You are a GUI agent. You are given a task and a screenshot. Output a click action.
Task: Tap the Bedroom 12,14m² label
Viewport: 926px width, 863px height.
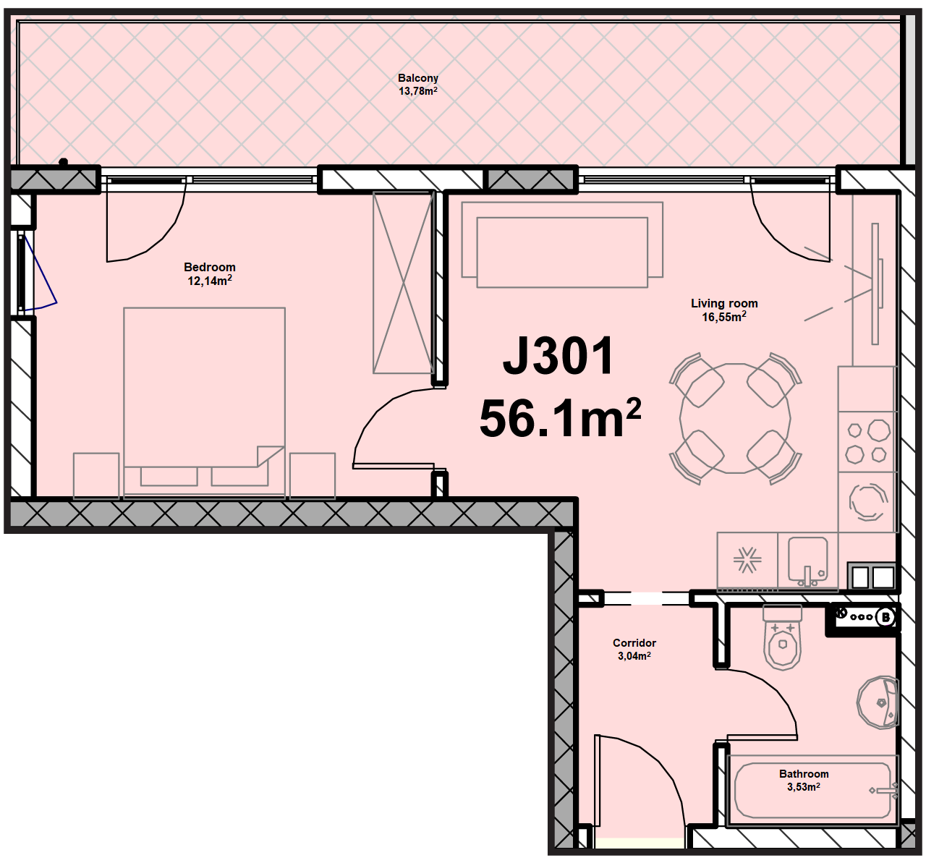point(210,273)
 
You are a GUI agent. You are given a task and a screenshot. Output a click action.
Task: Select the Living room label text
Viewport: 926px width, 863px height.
point(724,303)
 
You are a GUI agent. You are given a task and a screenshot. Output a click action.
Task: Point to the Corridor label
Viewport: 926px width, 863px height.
point(634,642)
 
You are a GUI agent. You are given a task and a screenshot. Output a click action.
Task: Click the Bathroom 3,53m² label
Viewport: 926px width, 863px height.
point(804,780)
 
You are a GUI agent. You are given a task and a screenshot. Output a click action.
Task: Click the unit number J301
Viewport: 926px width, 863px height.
point(558,356)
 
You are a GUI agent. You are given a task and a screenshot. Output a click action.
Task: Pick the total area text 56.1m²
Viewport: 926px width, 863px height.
point(560,417)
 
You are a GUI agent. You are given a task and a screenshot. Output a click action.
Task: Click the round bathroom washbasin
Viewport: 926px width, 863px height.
point(878,702)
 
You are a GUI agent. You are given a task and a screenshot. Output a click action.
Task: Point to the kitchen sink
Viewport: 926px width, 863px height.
point(807,561)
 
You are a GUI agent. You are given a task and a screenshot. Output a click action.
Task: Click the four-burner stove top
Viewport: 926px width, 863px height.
point(867,441)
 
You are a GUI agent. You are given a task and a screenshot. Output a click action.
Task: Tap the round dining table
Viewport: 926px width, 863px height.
point(735,418)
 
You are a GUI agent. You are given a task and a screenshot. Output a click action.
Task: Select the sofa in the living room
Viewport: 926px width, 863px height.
point(562,245)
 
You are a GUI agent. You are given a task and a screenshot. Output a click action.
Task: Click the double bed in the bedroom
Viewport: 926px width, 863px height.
point(204,402)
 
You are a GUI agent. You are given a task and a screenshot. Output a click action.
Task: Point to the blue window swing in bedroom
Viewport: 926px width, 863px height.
point(40,273)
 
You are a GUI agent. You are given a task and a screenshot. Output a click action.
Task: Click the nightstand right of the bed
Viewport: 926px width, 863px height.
point(313,475)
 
